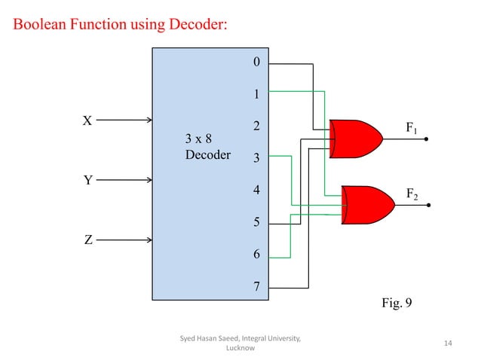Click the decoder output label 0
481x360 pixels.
256,63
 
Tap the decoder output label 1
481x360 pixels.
256,95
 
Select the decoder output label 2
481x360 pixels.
256,127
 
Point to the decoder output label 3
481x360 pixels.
256,159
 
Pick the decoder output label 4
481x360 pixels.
256,191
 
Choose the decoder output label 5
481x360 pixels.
256,223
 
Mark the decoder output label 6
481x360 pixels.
256,255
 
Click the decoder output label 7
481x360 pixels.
256,287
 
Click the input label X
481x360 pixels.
87,121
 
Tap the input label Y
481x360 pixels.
87,181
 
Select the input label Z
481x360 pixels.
87,240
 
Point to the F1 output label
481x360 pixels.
412,129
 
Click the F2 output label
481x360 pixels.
412,194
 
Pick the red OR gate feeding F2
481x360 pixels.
367,204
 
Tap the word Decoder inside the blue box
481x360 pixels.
207,155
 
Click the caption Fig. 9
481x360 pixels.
398,305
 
